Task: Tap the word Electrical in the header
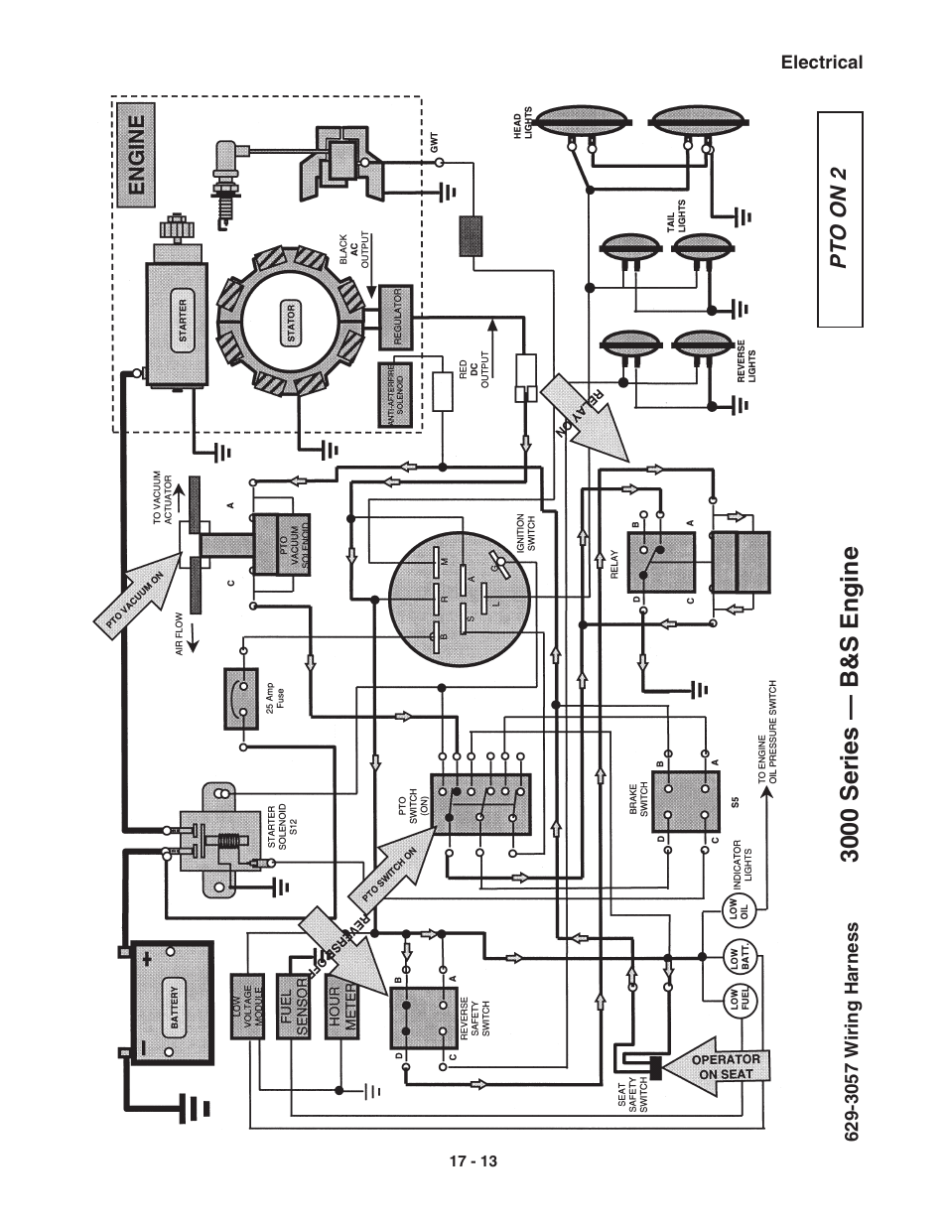pos(821,63)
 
